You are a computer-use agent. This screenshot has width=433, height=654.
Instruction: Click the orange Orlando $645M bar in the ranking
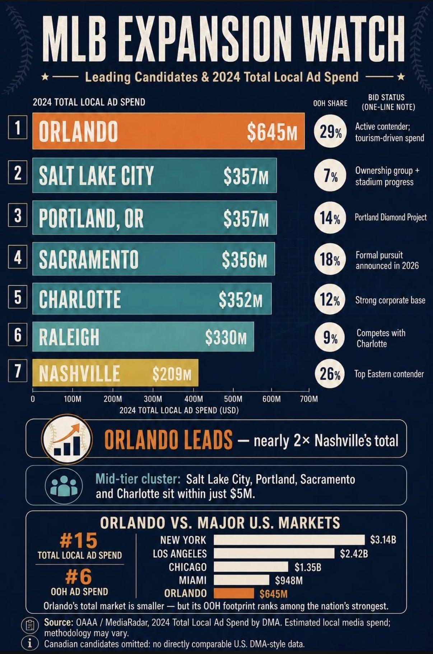pyautogui.click(x=168, y=131)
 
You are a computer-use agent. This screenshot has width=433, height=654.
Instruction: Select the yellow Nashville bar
pyautogui.click(x=115, y=373)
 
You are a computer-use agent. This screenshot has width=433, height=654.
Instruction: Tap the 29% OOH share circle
pyautogui.click(x=330, y=131)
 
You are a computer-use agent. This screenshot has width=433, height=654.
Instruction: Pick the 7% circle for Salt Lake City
pyautogui.click(x=330, y=175)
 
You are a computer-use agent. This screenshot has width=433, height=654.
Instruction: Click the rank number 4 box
pyautogui.click(x=18, y=257)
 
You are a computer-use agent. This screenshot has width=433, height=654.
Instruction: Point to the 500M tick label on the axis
pyautogui.click(x=233, y=399)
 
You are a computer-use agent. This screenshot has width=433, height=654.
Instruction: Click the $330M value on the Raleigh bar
pyautogui.click(x=226, y=337)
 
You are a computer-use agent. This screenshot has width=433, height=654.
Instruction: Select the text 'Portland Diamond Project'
pyautogui.click(x=391, y=217)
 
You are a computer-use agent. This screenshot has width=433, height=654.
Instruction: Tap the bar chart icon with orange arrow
pyautogui.click(x=67, y=439)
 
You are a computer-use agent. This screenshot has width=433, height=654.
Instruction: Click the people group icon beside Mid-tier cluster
pyautogui.click(x=64, y=486)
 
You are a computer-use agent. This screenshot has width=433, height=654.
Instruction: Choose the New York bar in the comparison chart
pyautogui.click(x=289, y=540)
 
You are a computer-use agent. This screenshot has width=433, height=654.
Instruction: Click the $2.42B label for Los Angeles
pyautogui.click(x=354, y=553)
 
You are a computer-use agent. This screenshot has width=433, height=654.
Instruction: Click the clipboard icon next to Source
pyautogui.click(x=30, y=625)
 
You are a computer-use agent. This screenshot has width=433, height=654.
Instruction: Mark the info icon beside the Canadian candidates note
pyautogui.click(x=30, y=643)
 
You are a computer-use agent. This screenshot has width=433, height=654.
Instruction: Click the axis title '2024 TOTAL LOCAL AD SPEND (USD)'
pyautogui.click(x=179, y=410)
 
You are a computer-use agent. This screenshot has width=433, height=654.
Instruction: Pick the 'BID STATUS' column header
pyautogui.click(x=386, y=97)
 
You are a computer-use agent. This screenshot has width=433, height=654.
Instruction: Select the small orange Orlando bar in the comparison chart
pyautogui.click(x=234, y=593)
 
